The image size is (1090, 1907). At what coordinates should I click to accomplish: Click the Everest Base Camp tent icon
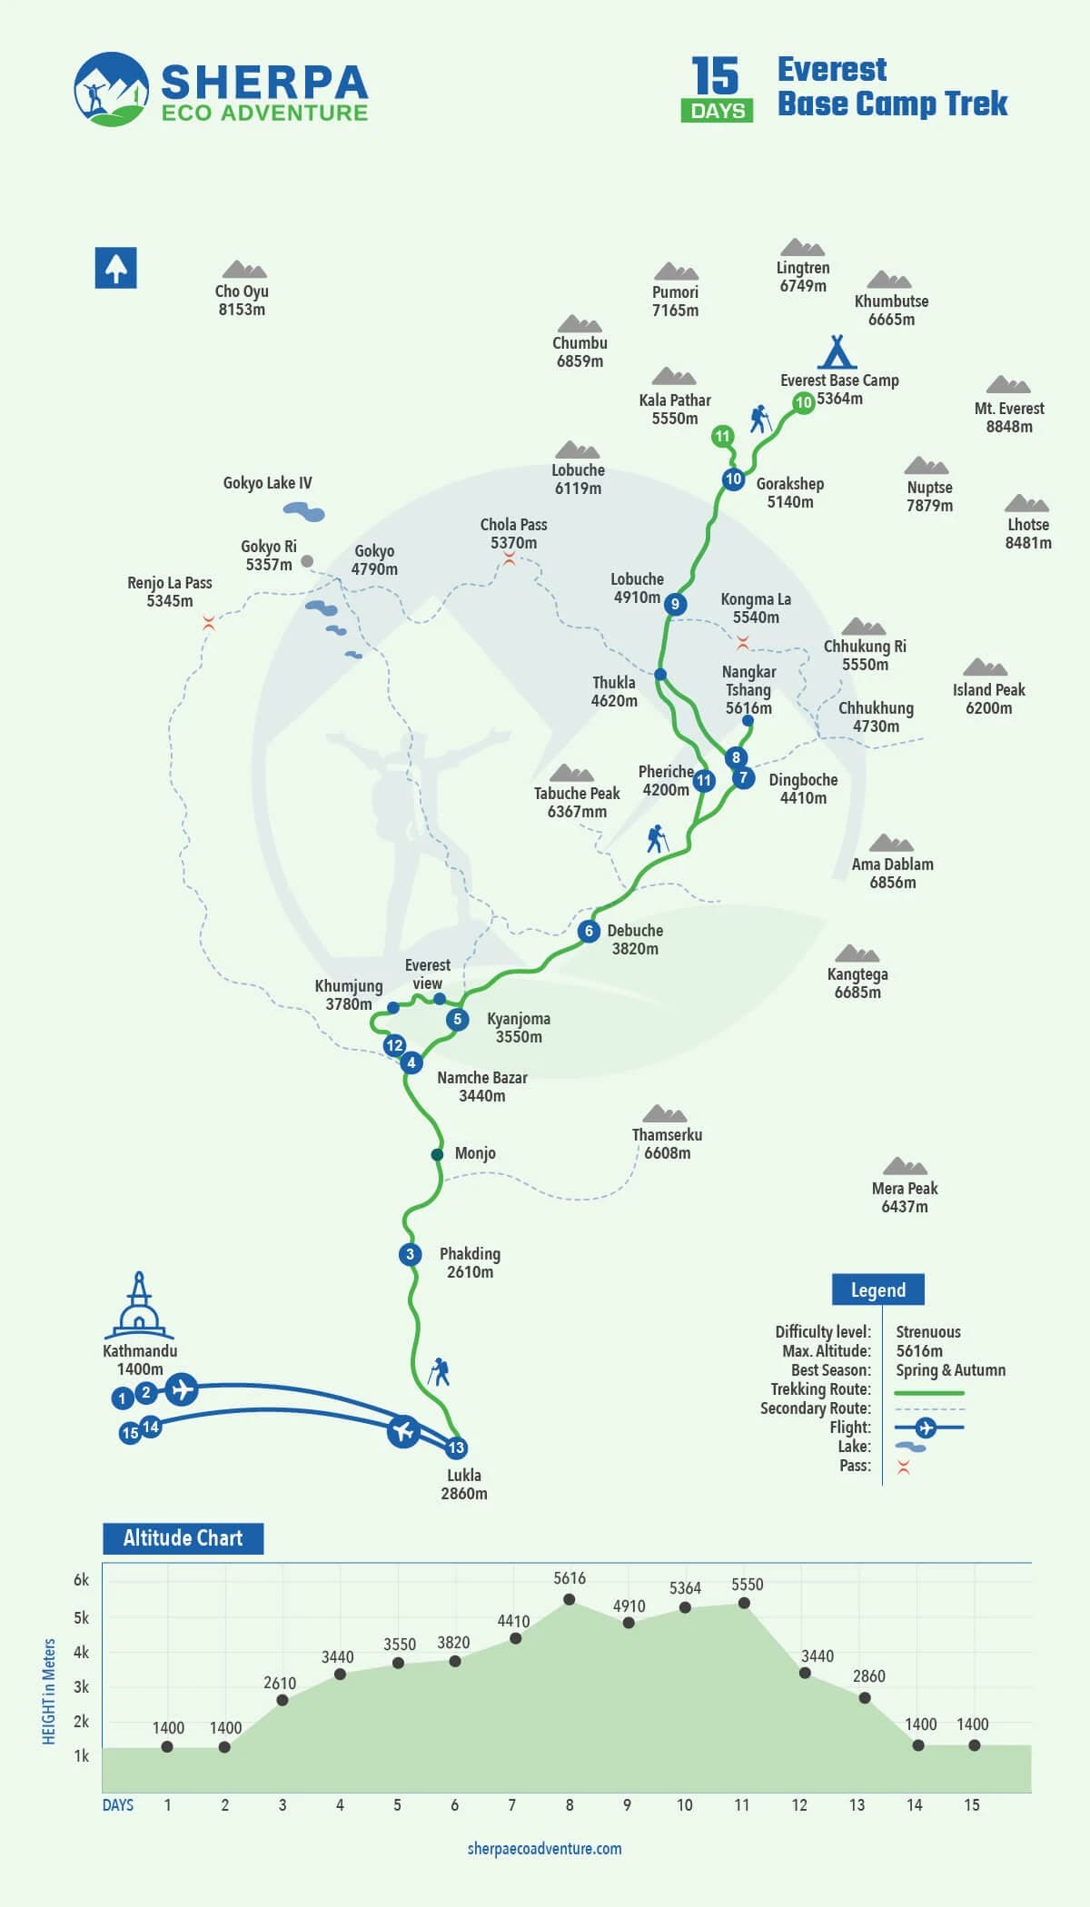coord(837,351)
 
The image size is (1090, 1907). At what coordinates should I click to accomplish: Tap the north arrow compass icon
coord(116,268)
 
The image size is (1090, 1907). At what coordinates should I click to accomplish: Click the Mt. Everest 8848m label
coord(1009,417)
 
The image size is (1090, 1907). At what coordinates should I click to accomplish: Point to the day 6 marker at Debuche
coord(589,931)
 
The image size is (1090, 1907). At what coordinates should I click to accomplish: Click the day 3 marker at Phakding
coord(410,1254)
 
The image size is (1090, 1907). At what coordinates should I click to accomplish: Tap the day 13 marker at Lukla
coord(456,1448)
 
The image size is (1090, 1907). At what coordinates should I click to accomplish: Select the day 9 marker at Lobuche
coord(674,604)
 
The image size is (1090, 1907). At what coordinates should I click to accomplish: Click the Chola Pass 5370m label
coord(513,534)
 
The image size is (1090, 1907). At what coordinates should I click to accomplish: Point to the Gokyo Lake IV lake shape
coord(304,512)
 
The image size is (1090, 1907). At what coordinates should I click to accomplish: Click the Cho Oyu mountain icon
coord(243,270)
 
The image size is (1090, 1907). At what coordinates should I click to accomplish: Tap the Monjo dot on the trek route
coord(437,1154)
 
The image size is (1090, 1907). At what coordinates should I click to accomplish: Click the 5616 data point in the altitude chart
coord(570,1600)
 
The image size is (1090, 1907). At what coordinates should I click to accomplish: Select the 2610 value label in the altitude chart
coord(280,1684)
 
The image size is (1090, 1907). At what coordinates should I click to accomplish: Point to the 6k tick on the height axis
coord(82,1581)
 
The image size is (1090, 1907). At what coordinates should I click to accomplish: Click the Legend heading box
coord(877,1289)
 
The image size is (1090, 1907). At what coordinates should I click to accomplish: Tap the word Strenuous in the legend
coord(928,1331)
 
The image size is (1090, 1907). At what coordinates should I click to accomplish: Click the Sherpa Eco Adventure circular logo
coord(111,88)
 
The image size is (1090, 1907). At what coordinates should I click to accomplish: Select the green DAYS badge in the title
coord(717,111)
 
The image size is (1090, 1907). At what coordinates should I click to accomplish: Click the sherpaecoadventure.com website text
coord(545,1849)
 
